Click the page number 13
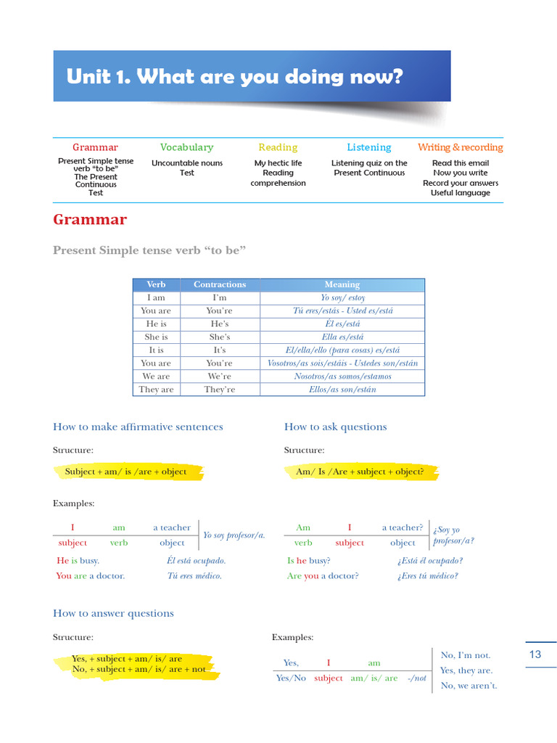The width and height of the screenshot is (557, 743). (x=535, y=654)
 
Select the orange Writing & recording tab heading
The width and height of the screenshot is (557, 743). (x=460, y=147)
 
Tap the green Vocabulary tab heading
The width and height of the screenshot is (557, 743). (x=186, y=147)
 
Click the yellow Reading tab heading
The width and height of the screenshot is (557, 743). (x=278, y=147)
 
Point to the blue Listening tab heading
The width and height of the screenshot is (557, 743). (x=368, y=147)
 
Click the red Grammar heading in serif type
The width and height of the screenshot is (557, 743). (x=90, y=219)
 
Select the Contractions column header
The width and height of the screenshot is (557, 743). (x=220, y=284)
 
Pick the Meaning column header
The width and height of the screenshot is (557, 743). (x=342, y=284)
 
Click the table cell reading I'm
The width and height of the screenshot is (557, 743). (x=220, y=297)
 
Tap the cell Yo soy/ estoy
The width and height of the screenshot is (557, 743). (x=342, y=297)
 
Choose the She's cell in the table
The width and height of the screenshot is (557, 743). (x=220, y=337)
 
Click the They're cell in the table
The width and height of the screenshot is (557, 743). (x=220, y=390)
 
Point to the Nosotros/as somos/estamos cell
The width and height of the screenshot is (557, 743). (x=342, y=377)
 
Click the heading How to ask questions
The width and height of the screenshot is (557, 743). (x=335, y=427)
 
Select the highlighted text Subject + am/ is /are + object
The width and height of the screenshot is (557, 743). (x=125, y=472)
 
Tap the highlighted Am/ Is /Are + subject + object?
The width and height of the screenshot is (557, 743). (x=360, y=472)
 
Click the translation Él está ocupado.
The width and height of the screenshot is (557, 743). (x=196, y=561)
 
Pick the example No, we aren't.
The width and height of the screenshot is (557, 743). (x=469, y=686)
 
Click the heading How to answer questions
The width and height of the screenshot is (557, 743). (x=113, y=613)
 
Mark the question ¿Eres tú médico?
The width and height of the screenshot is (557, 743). (x=427, y=576)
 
